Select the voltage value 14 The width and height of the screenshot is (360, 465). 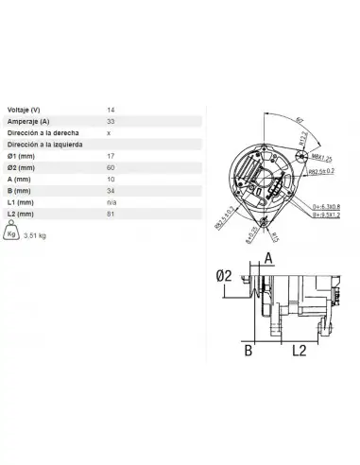coord(111,109)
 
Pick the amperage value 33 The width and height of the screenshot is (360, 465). coord(111,121)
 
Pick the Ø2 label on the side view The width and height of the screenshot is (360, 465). coord(225,275)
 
